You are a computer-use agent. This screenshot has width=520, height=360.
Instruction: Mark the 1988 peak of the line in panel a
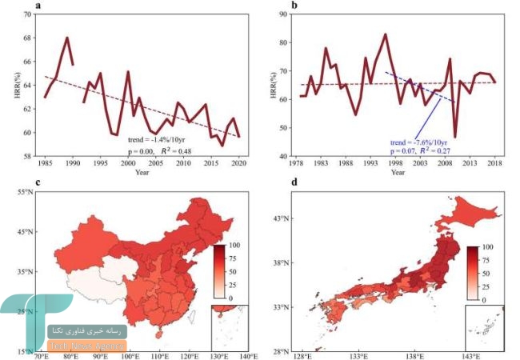[67, 38]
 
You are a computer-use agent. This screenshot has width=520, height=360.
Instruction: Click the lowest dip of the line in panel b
[455, 138]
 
